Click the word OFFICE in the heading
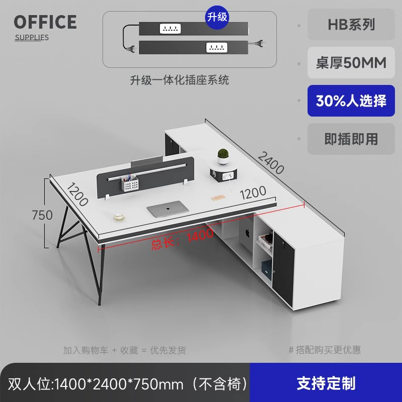[45, 22]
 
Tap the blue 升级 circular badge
[218, 17]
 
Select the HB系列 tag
[351, 24]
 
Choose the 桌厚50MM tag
[351, 62]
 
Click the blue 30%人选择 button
[351, 101]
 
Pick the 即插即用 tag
[351, 139]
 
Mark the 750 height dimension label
[42, 215]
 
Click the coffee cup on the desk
[120, 217]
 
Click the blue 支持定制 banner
[326, 383]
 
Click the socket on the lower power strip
[216, 48]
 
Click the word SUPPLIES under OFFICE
[32, 37]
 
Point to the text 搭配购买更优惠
[327, 350]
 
